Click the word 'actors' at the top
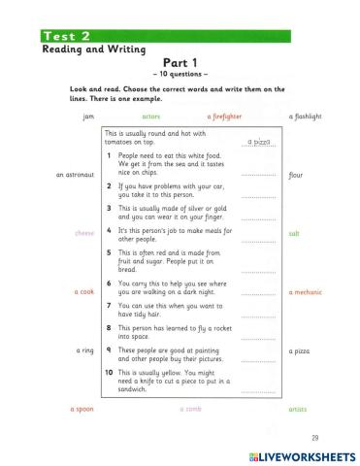150,116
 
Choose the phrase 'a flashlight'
306,116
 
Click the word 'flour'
296,176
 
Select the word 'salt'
294,234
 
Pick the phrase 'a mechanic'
305,291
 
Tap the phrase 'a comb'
191,409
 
